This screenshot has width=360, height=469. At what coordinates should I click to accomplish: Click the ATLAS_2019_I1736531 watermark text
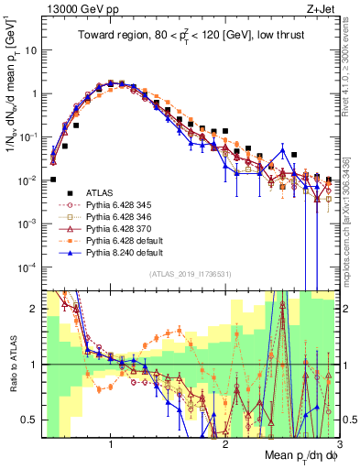tap(190, 275)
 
